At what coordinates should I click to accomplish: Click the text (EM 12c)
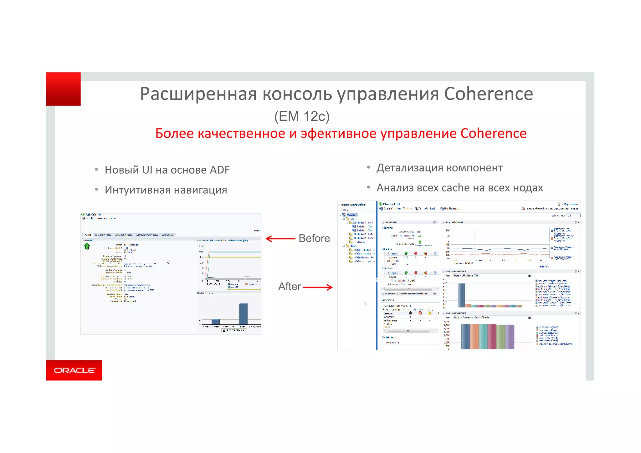(x=302, y=116)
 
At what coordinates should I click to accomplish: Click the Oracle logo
(x=74, y=370)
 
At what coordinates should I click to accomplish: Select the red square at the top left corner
(x=63, y=89)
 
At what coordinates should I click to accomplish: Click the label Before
(x=314, y=238)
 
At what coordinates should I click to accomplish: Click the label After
(x=290, y=287)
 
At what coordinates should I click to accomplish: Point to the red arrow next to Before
(x=280, y=239)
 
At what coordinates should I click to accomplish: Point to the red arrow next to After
(x=317, y=287)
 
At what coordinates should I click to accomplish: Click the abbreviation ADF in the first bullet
(x=219, y=170)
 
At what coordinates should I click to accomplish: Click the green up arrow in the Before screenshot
(x=87, y=247)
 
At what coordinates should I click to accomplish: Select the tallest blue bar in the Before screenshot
(x=243, y=313)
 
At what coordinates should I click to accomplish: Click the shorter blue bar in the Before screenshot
(x=215, y=322)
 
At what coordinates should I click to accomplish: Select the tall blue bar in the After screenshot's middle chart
(x=461, y=295)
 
